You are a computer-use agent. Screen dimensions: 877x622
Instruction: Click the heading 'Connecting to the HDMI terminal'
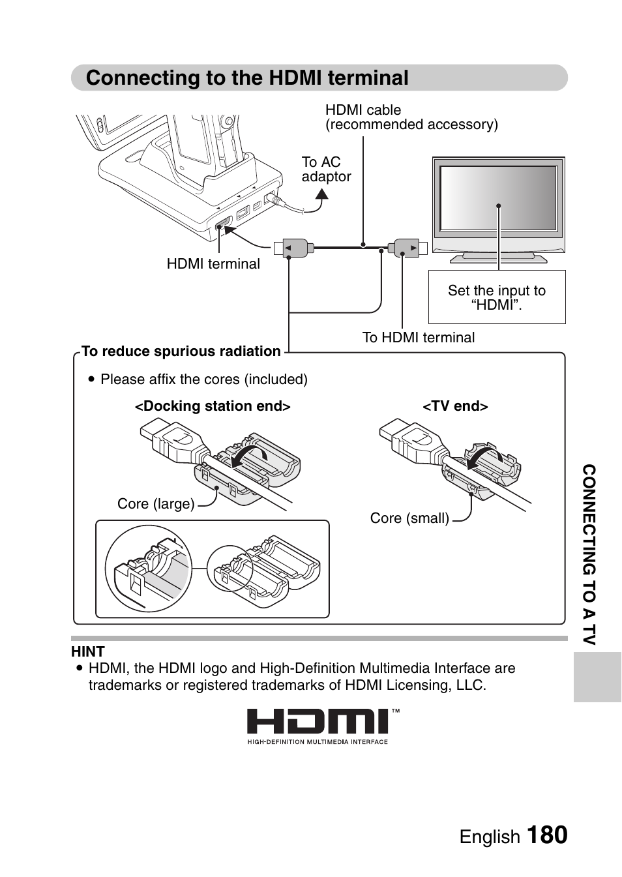(x=247, y=78)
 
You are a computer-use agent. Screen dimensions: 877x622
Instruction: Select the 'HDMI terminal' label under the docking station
(x=213, y=264)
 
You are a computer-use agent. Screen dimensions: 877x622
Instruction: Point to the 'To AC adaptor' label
(x=326, y=170)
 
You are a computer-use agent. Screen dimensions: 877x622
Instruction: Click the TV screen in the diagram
(x=498, y=198)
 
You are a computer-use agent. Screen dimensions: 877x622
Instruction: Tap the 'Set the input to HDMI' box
(x=497, y=297)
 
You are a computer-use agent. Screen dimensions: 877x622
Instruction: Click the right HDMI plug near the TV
(x=407, y=248)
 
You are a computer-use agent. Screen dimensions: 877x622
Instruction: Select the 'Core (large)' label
(x=156, y=504)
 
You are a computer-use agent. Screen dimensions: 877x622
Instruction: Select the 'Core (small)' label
(x=409, y=518)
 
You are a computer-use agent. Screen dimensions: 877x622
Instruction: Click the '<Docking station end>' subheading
(x=213, y=406)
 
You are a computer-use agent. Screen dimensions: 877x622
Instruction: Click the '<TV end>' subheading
(x=455, y=406)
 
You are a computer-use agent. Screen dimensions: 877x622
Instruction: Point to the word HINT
(x=88, y=651)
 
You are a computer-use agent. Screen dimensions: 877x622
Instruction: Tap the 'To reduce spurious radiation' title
(x=181, y=351)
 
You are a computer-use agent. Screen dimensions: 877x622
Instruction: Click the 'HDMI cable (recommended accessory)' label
(x=411, y=117)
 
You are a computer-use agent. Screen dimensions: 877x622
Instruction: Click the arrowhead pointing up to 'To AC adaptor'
(x=321, y=194)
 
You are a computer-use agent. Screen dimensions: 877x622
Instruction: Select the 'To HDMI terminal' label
(x=418, y=338)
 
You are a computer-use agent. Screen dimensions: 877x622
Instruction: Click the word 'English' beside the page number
(x=490, y=837)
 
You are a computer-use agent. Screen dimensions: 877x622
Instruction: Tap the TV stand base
(x=499, y=259)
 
